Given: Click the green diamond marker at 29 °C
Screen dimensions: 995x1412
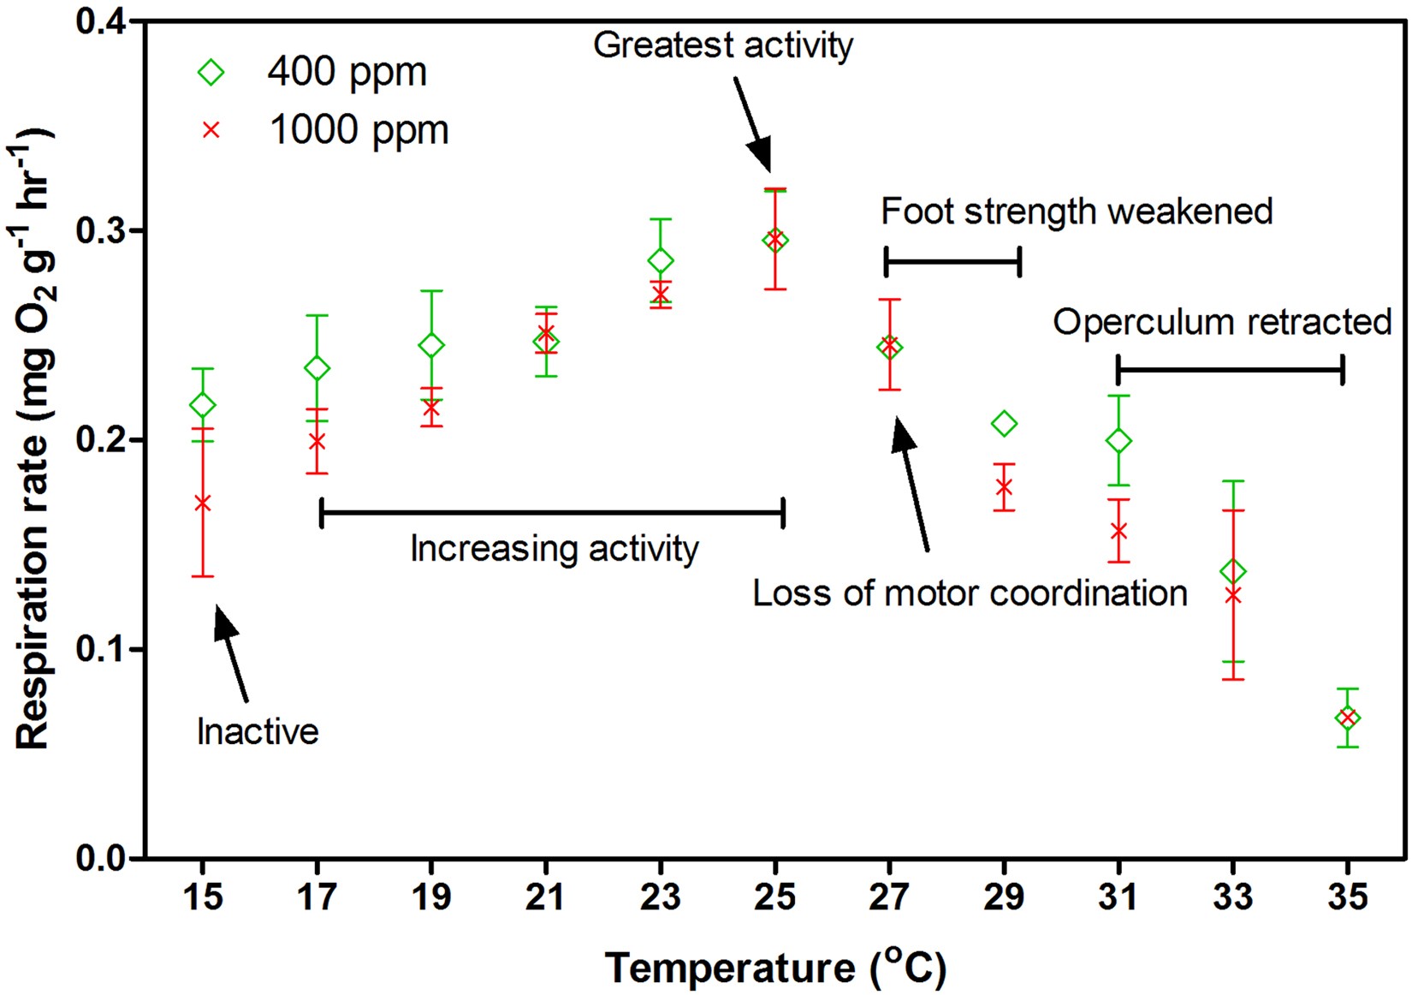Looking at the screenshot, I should (1004, 423).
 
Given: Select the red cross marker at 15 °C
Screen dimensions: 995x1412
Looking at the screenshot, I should (203, 503).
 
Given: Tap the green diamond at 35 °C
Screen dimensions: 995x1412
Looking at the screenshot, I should (1347, 718).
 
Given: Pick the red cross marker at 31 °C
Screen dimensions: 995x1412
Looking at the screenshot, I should (1118, 531).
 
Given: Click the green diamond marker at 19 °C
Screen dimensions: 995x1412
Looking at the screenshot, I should (431, 345).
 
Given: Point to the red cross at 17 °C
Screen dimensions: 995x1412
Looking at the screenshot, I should (317, 442).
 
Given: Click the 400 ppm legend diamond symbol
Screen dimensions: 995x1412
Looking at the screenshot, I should (211, 73).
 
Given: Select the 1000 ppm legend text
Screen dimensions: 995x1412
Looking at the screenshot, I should (359, 130).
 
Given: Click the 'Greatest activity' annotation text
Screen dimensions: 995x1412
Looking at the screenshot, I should (723, 45).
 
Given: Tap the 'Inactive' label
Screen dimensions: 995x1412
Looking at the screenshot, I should (258, 731).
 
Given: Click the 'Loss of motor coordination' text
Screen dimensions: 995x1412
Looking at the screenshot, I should (970, 593).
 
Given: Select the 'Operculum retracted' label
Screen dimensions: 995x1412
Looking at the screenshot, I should (1221, 322).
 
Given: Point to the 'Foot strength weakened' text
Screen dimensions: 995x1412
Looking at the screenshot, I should (1077, 211).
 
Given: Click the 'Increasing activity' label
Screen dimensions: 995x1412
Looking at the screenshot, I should (555, 548).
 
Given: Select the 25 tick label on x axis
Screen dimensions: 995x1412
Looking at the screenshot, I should (774, 897).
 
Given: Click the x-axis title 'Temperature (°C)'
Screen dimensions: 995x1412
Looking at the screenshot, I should (775, 968).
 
